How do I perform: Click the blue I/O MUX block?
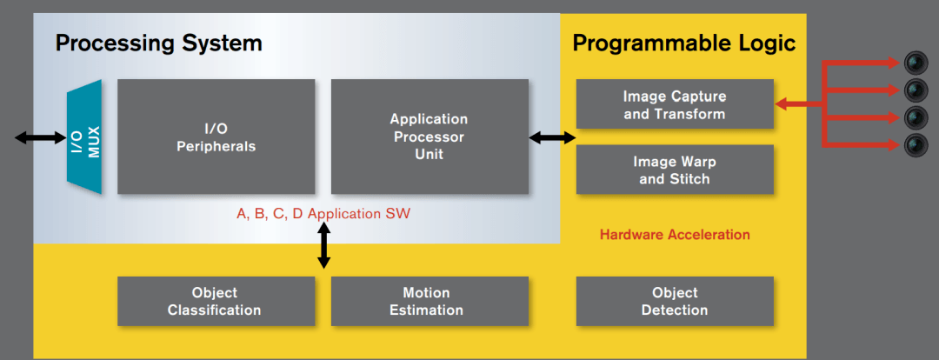(x=84, y=137)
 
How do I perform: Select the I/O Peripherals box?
(x=216, y=137)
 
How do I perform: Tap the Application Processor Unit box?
(x=430, y=137)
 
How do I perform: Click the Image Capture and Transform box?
(x=675, y=104)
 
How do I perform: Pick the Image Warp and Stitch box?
(x=675, y=170)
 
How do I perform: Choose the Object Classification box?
(x=216, y=301)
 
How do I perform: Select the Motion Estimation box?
(x=430, y=301)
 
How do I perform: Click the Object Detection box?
(x=675, y=301)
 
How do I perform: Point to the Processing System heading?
(x=159, y=43)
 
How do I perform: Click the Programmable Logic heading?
(x=684, y=43)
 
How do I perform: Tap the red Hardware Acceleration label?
(x=675, y=234)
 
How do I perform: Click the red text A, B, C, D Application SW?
(x=323, y=214)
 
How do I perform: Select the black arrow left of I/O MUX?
(x=41, y=137)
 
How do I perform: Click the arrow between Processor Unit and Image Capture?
(x=552, y=138)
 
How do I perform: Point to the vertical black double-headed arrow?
(x=323, y=245)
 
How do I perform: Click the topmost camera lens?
(x=915, y=62)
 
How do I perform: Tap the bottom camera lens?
(x=915, y=145)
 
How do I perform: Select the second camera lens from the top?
(x=915, y=90)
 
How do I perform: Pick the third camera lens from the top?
(x=915, y=117)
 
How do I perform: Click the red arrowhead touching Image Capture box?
(x=781, y=104)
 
